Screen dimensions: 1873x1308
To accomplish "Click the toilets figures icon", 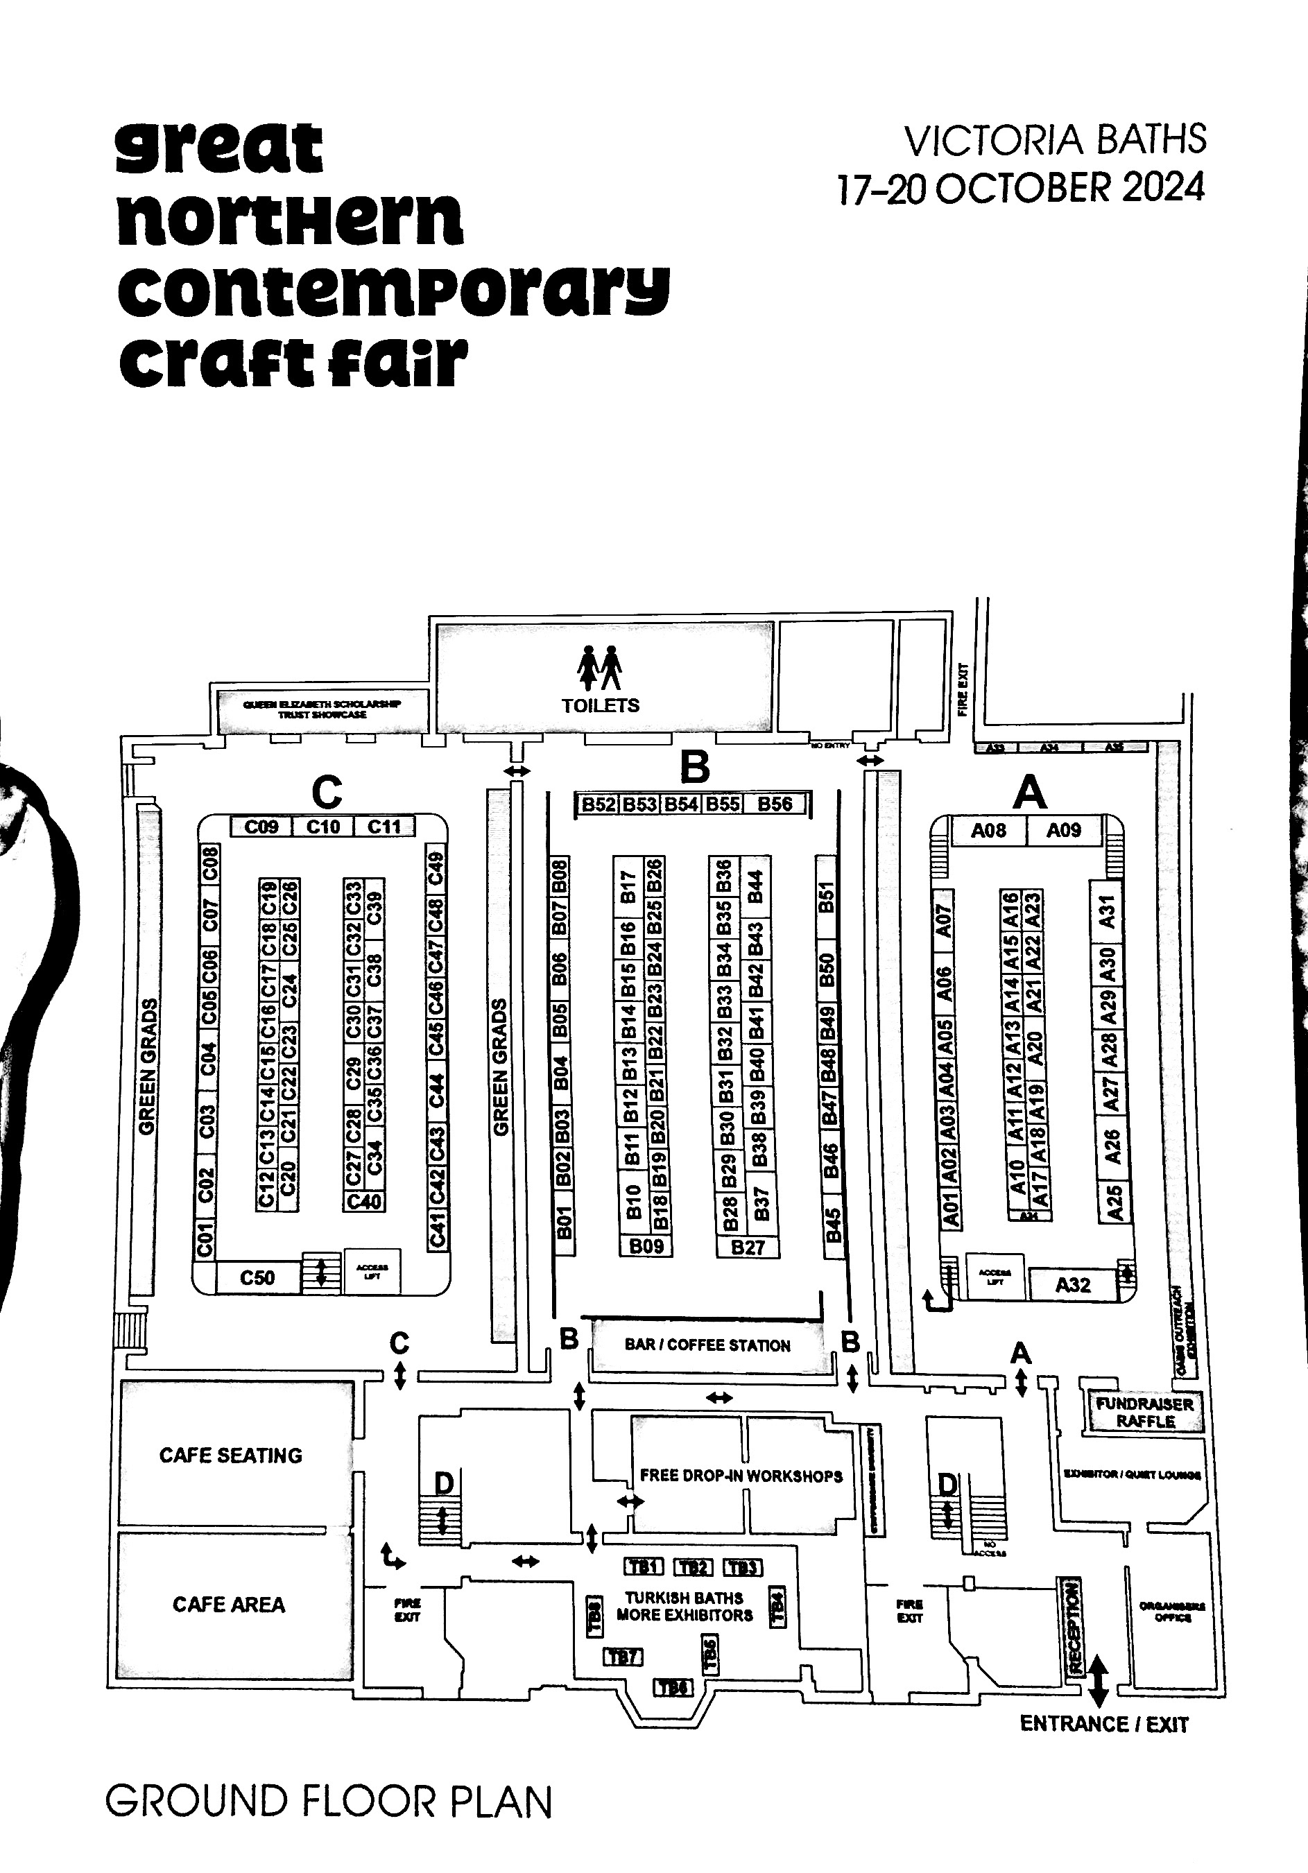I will coord(600,667).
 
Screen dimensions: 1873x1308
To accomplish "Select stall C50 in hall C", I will coord(257,1277).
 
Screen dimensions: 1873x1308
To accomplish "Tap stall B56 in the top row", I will coord(775,804).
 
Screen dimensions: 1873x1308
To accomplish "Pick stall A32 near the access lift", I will coord(1072,1285).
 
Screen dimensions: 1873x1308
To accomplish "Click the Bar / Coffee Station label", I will coord(707,1345).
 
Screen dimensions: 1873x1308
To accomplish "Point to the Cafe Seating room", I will coord(230,1456).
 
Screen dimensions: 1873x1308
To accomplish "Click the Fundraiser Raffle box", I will coord(1145,1412).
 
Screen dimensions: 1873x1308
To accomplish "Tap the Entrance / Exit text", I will coord(1104,1724).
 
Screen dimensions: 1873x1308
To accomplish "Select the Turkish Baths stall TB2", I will coord(693,1567).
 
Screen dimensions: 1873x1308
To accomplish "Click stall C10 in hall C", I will coord(323,827).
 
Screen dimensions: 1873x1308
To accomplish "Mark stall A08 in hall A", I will coord(988,831).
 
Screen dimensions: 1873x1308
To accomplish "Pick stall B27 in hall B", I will coord(748,1248).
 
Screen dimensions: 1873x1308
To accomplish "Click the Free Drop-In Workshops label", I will coord(741,1476).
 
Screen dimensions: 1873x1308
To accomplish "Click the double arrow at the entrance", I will coord(1099,1680).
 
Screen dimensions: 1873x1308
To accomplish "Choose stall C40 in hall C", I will coord(364,1202).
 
